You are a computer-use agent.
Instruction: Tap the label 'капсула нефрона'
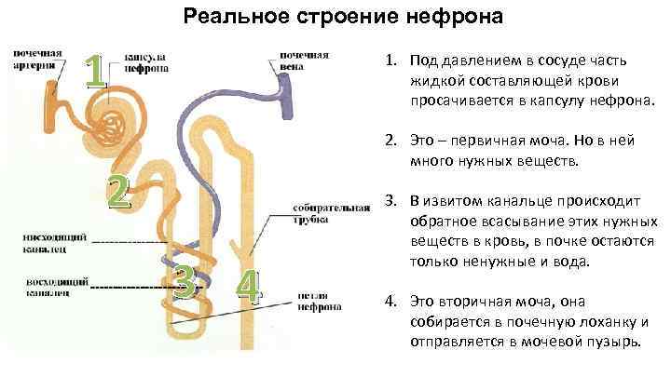point(147,61)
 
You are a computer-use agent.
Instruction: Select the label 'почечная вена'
point(302,61)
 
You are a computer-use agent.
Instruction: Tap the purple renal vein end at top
point(284,88)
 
